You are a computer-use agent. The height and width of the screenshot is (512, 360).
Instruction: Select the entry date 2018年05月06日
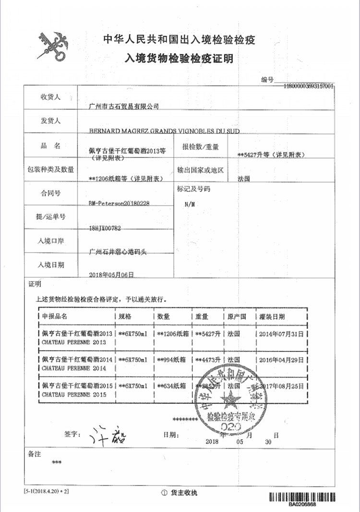111,275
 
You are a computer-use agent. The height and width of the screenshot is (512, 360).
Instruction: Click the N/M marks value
190,204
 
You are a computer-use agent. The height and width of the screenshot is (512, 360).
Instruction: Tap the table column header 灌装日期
272,317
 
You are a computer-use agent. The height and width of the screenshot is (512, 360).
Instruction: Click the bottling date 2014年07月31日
282,333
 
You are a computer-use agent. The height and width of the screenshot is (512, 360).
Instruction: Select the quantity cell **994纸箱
173,360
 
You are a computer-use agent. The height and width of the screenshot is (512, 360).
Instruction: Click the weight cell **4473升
207,360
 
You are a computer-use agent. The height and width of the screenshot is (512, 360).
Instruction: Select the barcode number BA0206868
302,505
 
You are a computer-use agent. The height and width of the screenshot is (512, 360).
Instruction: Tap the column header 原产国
237,317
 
